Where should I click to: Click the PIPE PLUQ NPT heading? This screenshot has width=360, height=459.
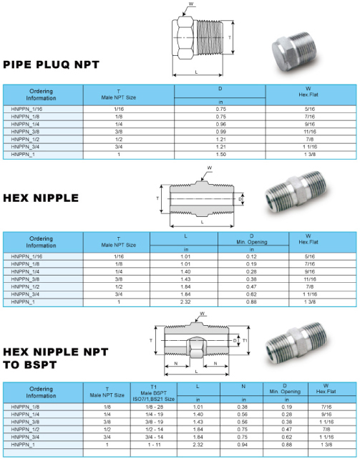(52, 64)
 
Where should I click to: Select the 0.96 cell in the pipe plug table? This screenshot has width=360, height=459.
(220, 124)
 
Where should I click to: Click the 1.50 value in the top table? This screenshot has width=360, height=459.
(220, 154)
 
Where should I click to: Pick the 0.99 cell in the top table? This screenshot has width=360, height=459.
(220, 132)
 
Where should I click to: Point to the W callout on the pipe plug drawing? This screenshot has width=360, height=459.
(191, 4)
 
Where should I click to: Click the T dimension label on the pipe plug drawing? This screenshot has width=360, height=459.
(230, 37)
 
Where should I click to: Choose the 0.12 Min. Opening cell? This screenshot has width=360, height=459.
(251, 256)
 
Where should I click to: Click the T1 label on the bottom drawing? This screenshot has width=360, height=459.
(245, 340)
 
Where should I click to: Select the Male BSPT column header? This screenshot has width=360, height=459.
(154, 393)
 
